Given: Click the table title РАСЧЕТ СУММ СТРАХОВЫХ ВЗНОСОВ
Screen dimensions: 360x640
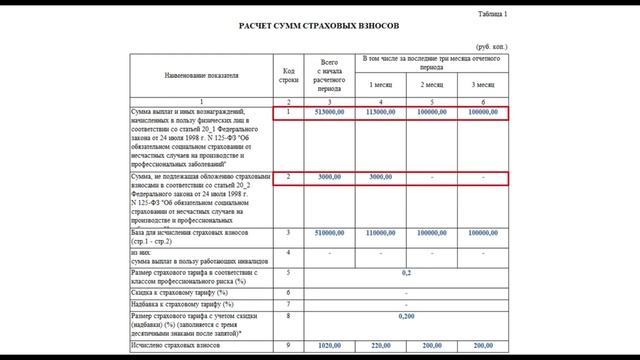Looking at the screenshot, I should click(320, 24).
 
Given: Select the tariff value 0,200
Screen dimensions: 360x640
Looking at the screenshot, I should click(406, 315).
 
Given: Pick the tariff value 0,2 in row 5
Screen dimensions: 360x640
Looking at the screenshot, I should click(406, 271).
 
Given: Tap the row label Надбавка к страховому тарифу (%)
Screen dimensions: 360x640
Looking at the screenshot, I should click(179, 303).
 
